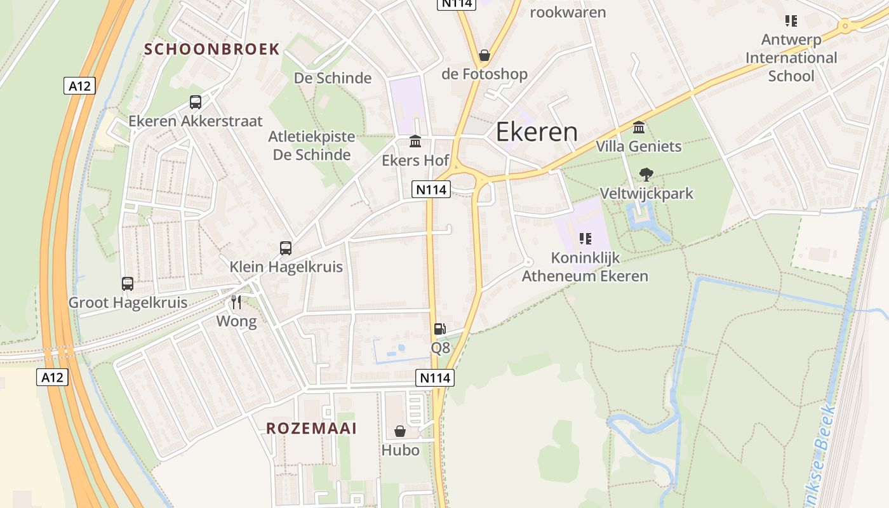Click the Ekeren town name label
(537, 132)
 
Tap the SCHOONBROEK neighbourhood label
(212, 49)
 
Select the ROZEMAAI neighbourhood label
(311, 428)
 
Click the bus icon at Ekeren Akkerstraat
(196, 102)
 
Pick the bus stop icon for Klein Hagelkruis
(286, 248)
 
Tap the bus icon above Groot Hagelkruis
(128, 284)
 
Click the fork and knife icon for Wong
(236, 302)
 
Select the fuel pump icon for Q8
(439, 328)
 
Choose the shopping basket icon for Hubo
(400, 431)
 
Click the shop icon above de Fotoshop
(485, 55)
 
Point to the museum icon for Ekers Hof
(415, 140)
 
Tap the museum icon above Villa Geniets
(639, 127)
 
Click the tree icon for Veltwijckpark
(646, 174)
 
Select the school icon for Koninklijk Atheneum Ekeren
(585, 239)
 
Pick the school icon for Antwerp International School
(791, 20)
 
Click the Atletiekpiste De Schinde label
(311, 145)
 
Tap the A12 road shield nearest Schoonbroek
(79, 86)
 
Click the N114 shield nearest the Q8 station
(435, 378)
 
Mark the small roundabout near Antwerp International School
(845, 27)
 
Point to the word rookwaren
(568, 12)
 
